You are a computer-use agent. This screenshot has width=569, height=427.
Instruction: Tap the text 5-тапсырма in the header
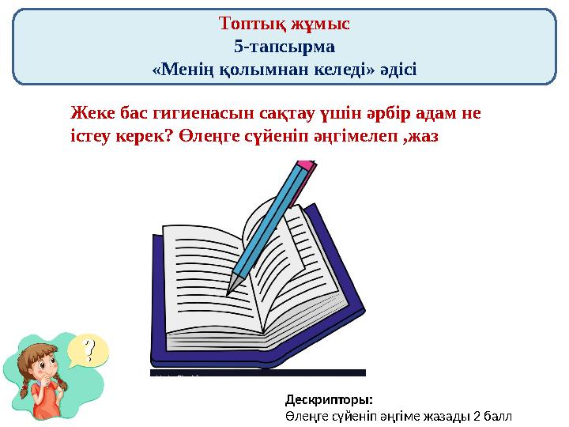point(284,46)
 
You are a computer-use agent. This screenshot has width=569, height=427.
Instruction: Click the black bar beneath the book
point(258,372)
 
